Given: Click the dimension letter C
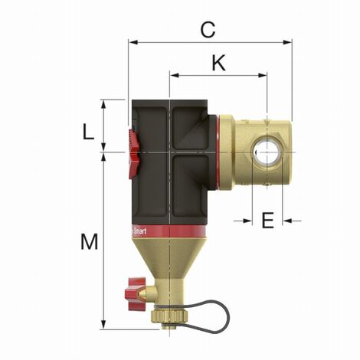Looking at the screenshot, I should [207, 29].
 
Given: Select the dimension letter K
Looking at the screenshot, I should [218, 64].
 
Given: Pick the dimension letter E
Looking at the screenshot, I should [267, 221].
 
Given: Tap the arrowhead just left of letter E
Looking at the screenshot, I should [247, 221].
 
